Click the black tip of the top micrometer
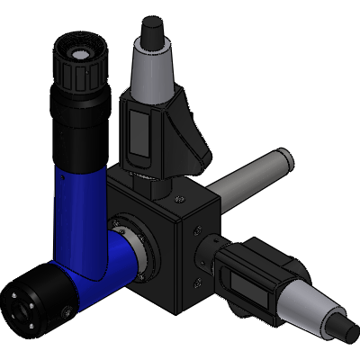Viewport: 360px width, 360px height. pos(150,32)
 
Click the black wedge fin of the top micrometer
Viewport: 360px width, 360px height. pos(193,135)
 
